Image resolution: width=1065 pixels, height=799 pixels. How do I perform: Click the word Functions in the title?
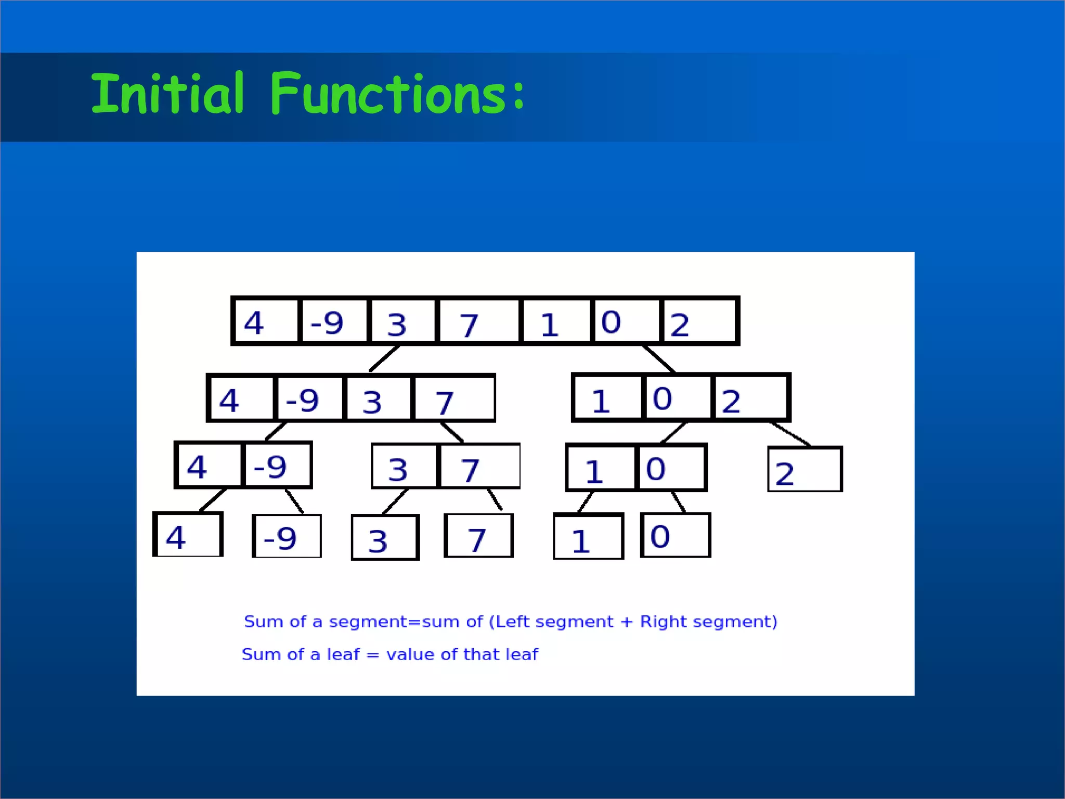(x=388, y=94)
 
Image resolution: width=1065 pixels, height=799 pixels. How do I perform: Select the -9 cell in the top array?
(x=333, y=321)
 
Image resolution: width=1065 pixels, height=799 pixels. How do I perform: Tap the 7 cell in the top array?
(x=478, y=321)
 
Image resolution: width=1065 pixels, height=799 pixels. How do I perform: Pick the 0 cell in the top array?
(x=625, y=321)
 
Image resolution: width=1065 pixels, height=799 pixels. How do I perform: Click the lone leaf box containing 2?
(x=804, y=470)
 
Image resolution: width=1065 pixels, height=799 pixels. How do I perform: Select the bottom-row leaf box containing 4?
(x=188, y=535)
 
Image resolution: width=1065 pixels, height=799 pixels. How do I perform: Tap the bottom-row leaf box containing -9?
(x=287, y=536)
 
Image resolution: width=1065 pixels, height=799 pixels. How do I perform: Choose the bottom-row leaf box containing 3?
(x=385, y=538)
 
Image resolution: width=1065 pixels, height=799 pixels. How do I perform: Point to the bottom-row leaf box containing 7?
(x=478, y=536)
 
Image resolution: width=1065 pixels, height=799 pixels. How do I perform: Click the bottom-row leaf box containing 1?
(x=589, y=537)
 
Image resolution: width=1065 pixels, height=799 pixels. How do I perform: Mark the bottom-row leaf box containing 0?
(x=676, y=536)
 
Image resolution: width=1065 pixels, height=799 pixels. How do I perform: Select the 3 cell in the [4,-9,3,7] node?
(x=378, y=398)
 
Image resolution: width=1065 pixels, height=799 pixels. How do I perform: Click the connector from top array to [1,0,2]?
(x=659, y=359)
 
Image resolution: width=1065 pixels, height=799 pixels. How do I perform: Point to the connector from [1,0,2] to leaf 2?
(x=790, y=434)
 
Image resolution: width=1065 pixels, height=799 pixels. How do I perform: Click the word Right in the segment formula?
(x=664, y=622)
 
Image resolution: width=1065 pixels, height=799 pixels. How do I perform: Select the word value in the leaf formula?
(x=410, y=654)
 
